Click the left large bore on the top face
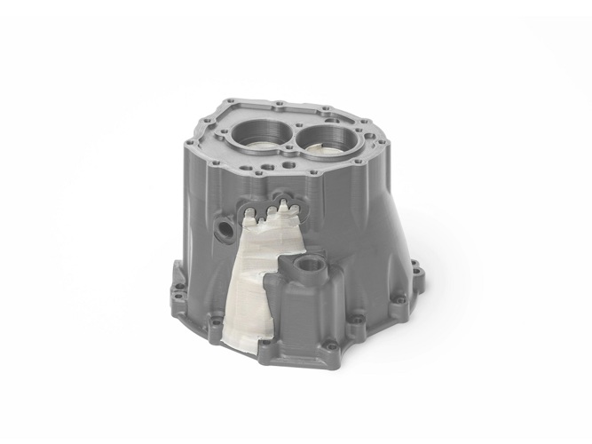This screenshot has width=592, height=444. tap(263, 134)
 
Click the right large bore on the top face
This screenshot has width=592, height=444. tap(327, 139)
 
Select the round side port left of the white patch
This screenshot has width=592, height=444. tap(225, 230)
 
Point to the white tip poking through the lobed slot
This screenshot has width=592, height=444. tap(283, 205)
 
